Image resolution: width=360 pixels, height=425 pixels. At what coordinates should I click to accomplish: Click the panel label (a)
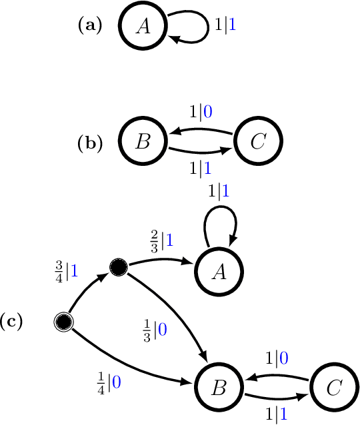(90, 26)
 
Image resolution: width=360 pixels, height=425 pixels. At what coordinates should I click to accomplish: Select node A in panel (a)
(142, 26)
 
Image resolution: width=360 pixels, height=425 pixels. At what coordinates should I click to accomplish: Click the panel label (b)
(90, 143)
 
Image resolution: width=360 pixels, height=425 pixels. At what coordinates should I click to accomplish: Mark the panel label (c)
(11, 322)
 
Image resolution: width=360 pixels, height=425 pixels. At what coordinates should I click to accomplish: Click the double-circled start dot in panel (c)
(63, 322)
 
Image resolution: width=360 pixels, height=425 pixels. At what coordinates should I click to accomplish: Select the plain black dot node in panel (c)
(119, 268)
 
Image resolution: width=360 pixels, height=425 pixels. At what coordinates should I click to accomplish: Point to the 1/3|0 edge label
(155, 330)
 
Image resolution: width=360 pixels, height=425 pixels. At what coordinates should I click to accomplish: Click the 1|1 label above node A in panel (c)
(219, 193)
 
